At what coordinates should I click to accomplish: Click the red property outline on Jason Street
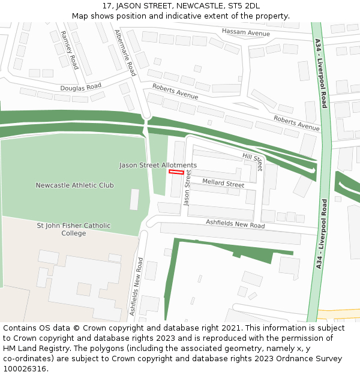176,172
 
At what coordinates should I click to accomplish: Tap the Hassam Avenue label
246,32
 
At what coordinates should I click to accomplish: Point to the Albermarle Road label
125,53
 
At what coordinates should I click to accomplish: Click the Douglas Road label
80,87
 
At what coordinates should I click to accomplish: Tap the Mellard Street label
223,183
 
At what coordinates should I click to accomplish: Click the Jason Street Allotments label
158,165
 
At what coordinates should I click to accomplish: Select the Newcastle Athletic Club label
74,185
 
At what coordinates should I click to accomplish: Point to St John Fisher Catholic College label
74,229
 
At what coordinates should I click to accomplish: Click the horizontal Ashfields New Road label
235,224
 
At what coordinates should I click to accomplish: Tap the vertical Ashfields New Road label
136,287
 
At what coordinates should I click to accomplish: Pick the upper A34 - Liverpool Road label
321,73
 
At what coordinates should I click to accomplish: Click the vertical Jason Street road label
187,187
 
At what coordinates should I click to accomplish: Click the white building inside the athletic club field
134,199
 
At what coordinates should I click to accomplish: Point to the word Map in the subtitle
80,16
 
